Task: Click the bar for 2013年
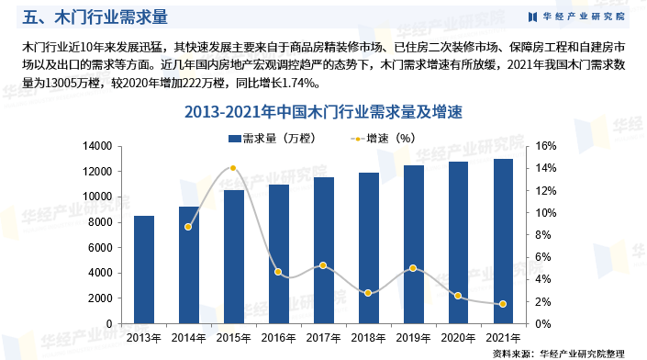(x=144, y=270)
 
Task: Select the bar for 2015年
(x=233, y=257)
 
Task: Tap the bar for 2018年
(x=369, y=248)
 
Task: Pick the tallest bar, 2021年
(x=503, y=242)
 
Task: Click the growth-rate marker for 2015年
(x=233, y=168)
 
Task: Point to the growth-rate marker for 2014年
(x=188, y=227)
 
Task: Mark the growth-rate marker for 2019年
(x=413, y=268)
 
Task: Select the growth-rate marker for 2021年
(x=503, y=304)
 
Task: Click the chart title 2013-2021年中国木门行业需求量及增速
(x=323, y=112)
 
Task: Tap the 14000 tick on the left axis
(x=96, y=147)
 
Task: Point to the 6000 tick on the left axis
(x=99, y=248)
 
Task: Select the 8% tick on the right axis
(x=543, y=235)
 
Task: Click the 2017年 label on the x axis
(x=323, y=338)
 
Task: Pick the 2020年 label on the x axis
(x=458, y=338)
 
